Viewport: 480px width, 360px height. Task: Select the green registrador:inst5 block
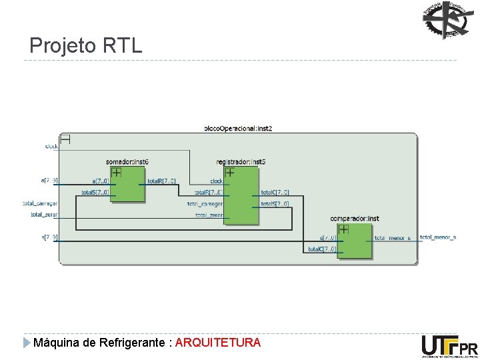(241, 196)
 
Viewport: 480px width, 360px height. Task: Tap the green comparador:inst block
(355, 241)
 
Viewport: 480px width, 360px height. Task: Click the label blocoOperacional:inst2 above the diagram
(237, 127)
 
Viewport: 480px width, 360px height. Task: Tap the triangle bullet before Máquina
(27, 343)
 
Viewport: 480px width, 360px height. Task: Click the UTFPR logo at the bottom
(449, 347)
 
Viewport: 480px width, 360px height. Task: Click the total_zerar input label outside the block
(44, 215)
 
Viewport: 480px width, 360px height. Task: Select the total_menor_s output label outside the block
(438, 237)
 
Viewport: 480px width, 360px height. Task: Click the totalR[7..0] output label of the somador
(161, 181)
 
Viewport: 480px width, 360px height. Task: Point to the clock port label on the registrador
(217, 181)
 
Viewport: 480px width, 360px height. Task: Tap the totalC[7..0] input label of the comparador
(321, 249)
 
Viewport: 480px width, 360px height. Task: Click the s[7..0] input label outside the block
(49, 237)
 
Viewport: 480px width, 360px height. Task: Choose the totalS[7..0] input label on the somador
(96, 193)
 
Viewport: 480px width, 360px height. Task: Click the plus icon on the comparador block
(343, 229)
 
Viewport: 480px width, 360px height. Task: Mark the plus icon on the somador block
(116, 172)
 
